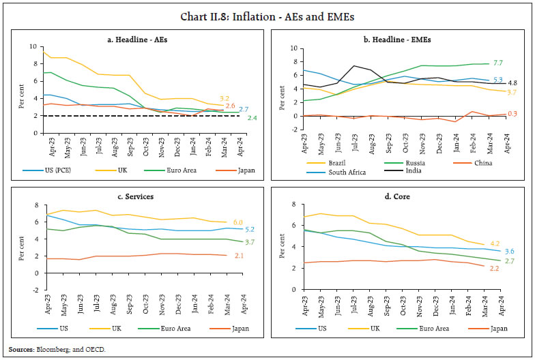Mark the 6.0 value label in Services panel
[237, 222]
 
